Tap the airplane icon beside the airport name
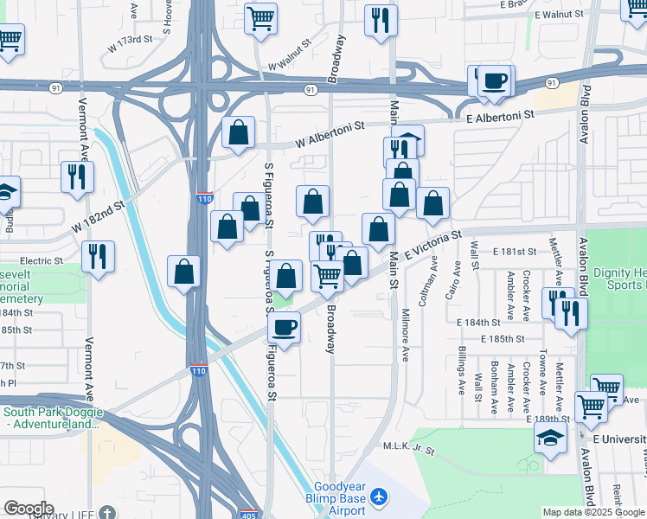pos(378,498)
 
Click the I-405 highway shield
pos(248,514)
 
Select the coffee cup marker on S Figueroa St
pos(284,327)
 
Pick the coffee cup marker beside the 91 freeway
pos(495,81)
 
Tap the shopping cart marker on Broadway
pos(328,276)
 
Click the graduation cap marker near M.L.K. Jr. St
pos(550,439)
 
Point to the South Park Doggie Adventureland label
pos(49,418)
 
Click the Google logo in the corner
pos(28,509)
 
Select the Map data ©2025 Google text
pos(593,512)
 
